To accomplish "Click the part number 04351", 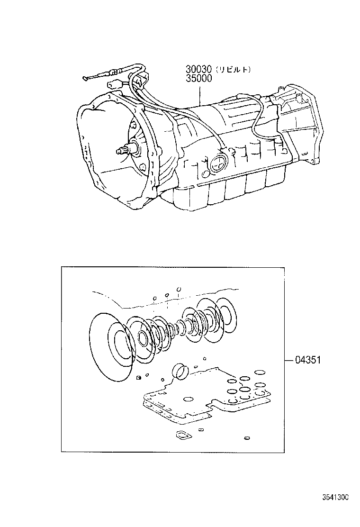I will [x=308, y=360].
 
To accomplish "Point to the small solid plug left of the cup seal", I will [x=139, y=377].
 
